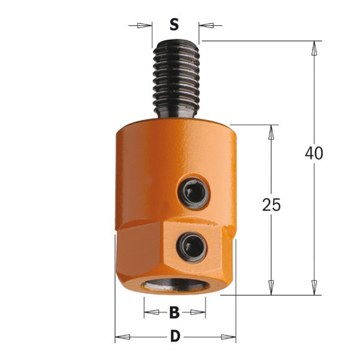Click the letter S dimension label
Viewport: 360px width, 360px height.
(x=174, y=25)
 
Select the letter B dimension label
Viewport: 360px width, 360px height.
(x=175, y=312)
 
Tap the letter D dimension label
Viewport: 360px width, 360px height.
(x=175, y=337)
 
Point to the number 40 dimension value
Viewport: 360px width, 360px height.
(x=313, y=153)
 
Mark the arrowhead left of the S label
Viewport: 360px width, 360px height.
(x=144, y=25)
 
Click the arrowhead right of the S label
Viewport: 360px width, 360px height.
(x=205, y=25)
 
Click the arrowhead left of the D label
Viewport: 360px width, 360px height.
(x=121, y=338)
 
